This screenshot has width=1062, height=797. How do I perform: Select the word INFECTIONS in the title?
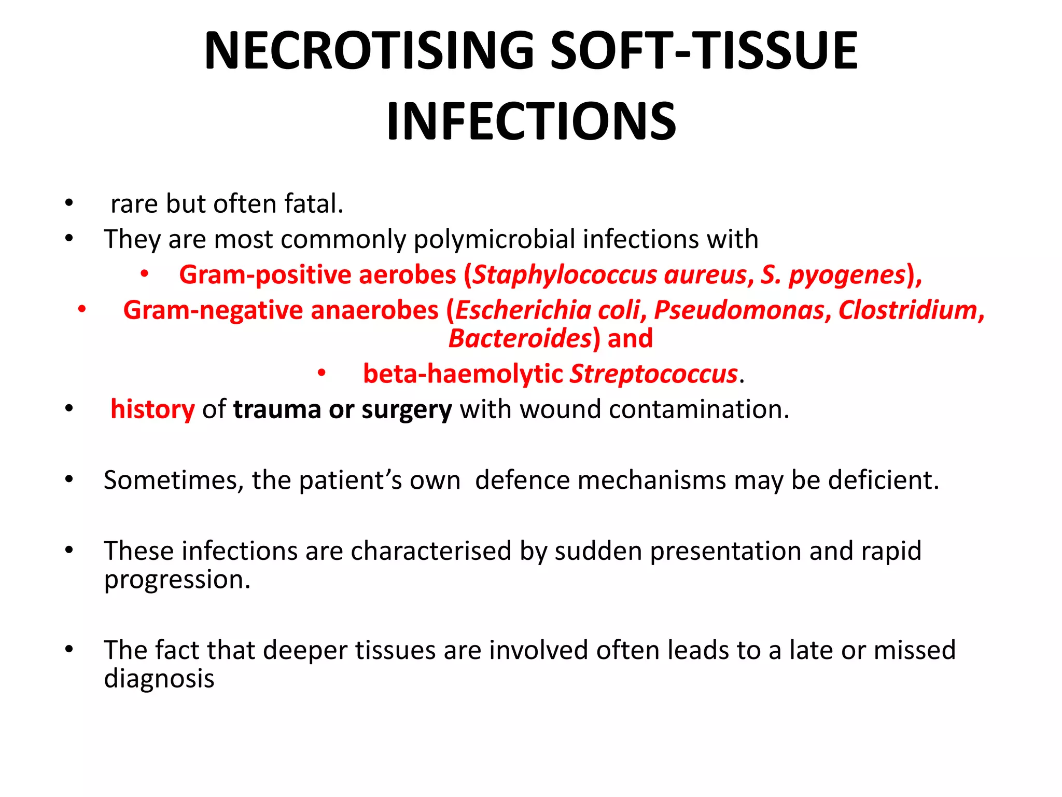531,121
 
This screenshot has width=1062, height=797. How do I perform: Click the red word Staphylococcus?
565,275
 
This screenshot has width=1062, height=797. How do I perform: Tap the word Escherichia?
523,310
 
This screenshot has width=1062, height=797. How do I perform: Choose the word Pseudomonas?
739,310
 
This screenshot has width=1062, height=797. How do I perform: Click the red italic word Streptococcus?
653,374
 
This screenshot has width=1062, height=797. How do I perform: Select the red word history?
152,409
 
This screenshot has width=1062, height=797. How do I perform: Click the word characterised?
431,551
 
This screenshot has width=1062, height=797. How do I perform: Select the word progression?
177,579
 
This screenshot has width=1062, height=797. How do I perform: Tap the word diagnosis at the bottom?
159,679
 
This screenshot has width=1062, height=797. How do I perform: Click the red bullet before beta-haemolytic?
322,373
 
